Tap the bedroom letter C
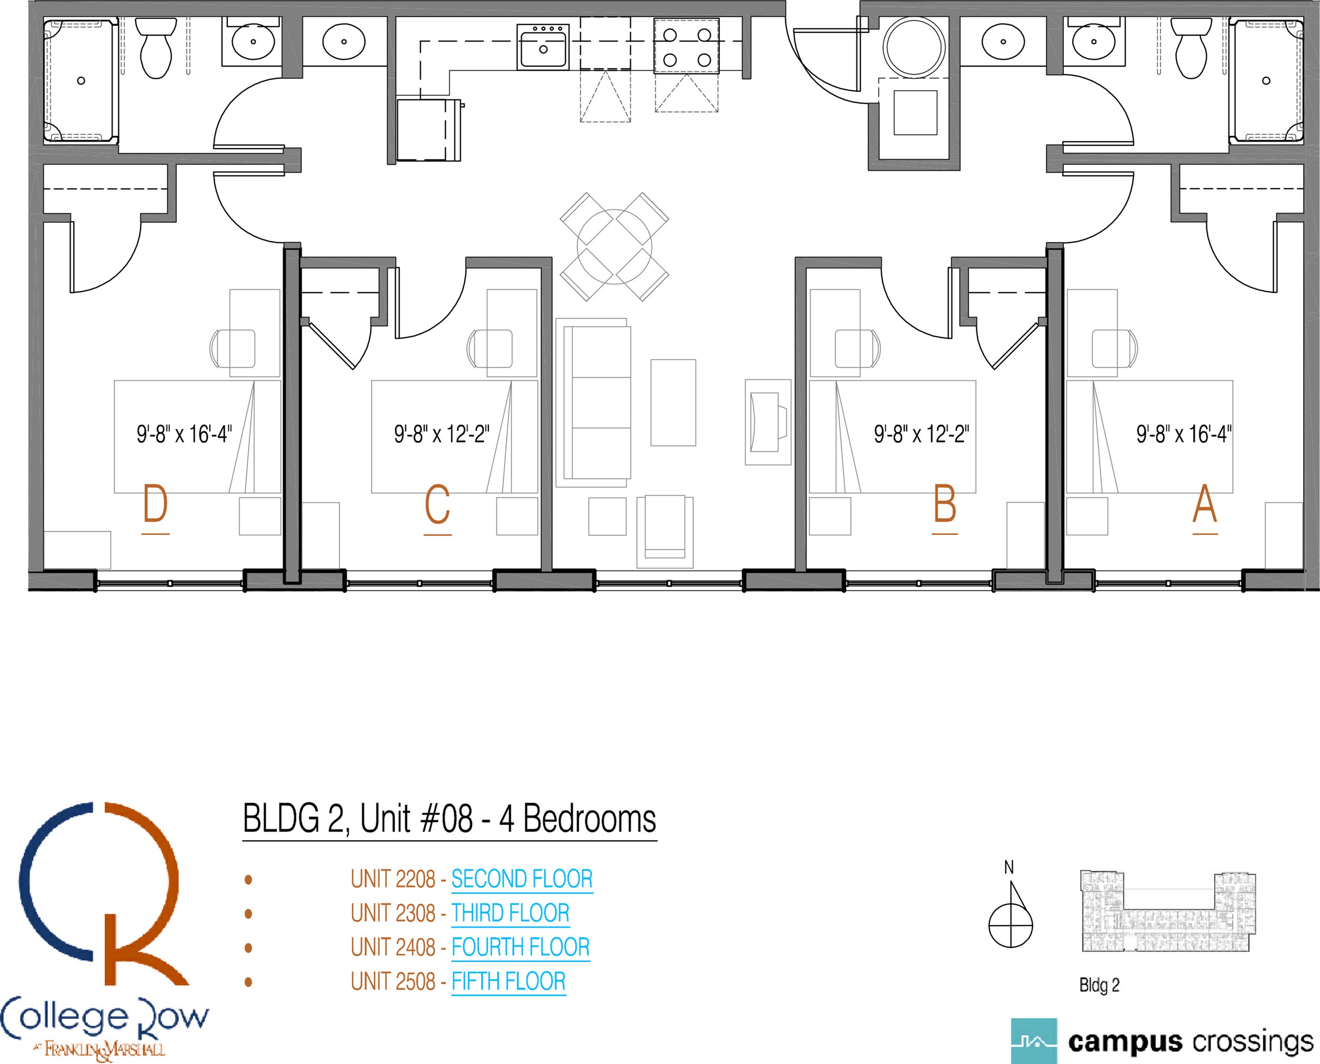437,504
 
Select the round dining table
615,246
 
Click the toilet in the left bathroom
155,47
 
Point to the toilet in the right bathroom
1191,47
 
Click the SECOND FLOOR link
522,879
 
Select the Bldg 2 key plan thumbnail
1167,911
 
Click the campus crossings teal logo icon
1034,1041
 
